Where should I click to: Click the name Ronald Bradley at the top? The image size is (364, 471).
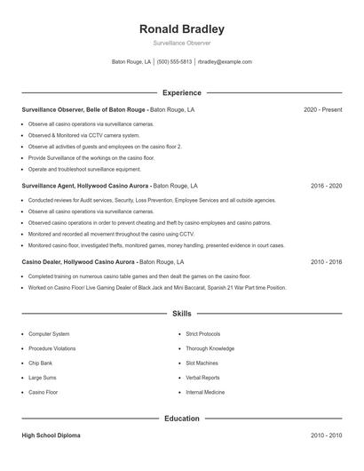click(x=182, y=28)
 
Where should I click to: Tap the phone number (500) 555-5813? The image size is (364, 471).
click(x=175, y=62)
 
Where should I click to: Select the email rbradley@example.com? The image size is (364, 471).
click(x=225, y=62)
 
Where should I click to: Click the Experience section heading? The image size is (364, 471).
click(x=182, y=92)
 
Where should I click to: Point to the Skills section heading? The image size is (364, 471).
click(x=182, y=314)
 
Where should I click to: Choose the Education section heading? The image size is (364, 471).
click(x=182, y=418)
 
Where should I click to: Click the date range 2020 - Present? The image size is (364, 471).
click(x=322, y=109)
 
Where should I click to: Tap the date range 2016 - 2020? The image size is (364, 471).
click(x=326, y=187)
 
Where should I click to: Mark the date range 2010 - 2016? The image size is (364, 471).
click(x=326, y=263)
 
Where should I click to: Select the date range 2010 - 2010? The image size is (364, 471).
click(x=326, y=435)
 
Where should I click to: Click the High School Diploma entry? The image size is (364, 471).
click(x=51, y=435)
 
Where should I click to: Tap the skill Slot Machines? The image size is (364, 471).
click(x=202, y=363)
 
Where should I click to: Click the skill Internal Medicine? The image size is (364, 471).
click(x=205, y=392)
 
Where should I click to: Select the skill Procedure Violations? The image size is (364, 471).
click(x=51, y=348)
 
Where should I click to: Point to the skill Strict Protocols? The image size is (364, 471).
click(x=202, y=334)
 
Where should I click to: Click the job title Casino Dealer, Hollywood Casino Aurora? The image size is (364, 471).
click(x=78, y=263)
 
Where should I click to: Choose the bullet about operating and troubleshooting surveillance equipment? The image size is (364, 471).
click(x=84, y=169)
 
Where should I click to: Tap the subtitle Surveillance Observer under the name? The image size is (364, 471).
click(x=182, y=43)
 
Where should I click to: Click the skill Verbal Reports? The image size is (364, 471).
click(x=202, y=378)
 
